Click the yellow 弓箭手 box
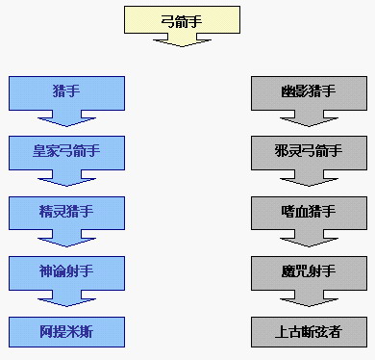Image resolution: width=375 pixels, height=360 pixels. click(182, 19)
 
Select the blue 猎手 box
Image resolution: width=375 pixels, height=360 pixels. click(66, 93)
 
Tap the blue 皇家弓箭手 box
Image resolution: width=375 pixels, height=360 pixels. click(66, 153)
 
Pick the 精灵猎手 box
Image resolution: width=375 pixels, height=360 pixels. click(66, 213)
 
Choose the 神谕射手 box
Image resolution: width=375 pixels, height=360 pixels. click(66, 273)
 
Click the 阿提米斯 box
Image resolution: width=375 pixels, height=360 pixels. click(66, 332)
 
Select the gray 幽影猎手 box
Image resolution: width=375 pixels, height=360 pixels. click(309, 93)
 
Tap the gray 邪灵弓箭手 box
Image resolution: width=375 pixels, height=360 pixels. click(309, 153)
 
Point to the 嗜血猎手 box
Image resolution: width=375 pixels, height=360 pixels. click(309, 213)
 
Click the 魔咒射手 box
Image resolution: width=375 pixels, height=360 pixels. click(309, 273)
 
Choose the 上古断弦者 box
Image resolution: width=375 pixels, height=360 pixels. click(309, 332)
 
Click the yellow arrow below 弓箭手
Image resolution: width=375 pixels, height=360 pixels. click(182, 40)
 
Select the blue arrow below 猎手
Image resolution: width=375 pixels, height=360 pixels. click(66, 118)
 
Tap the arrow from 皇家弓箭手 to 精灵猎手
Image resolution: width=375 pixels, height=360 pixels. click(66, 178)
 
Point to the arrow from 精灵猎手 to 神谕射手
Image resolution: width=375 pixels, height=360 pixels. click(66, 239)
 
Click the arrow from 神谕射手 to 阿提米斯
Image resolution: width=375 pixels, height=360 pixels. click(66, 298)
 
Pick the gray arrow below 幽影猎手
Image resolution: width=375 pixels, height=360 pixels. click(309, 118)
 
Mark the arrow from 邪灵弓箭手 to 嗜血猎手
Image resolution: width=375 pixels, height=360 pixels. click(309, 178)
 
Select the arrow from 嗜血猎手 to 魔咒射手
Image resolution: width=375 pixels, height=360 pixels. click(309, 239)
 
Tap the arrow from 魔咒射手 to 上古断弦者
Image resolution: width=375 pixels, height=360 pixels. click(309, 298)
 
